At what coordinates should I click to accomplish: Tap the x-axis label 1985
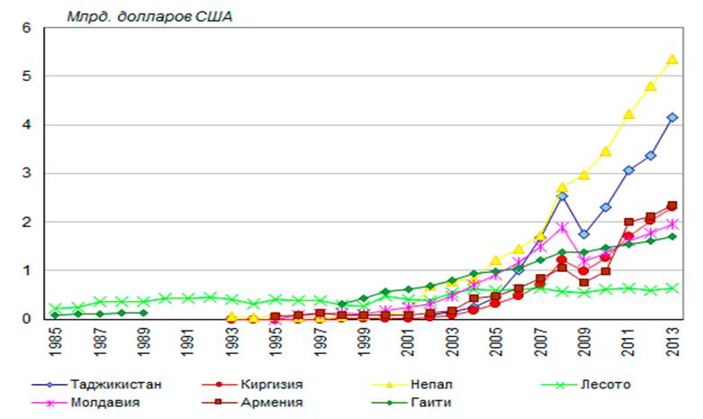[x=56, y=342]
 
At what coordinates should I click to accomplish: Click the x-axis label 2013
[x=671, y=342]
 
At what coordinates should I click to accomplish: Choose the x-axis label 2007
[x=539, y=342]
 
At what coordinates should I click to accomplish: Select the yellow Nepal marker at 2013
[x=671, y=59]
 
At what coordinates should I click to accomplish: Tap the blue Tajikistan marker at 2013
[x=671, y=117]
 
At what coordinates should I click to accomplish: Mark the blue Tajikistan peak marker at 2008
[x=562, y=196]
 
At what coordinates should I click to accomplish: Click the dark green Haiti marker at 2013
[x=671, y=236]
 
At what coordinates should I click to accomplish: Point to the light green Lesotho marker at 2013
[x=671, y=288]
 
